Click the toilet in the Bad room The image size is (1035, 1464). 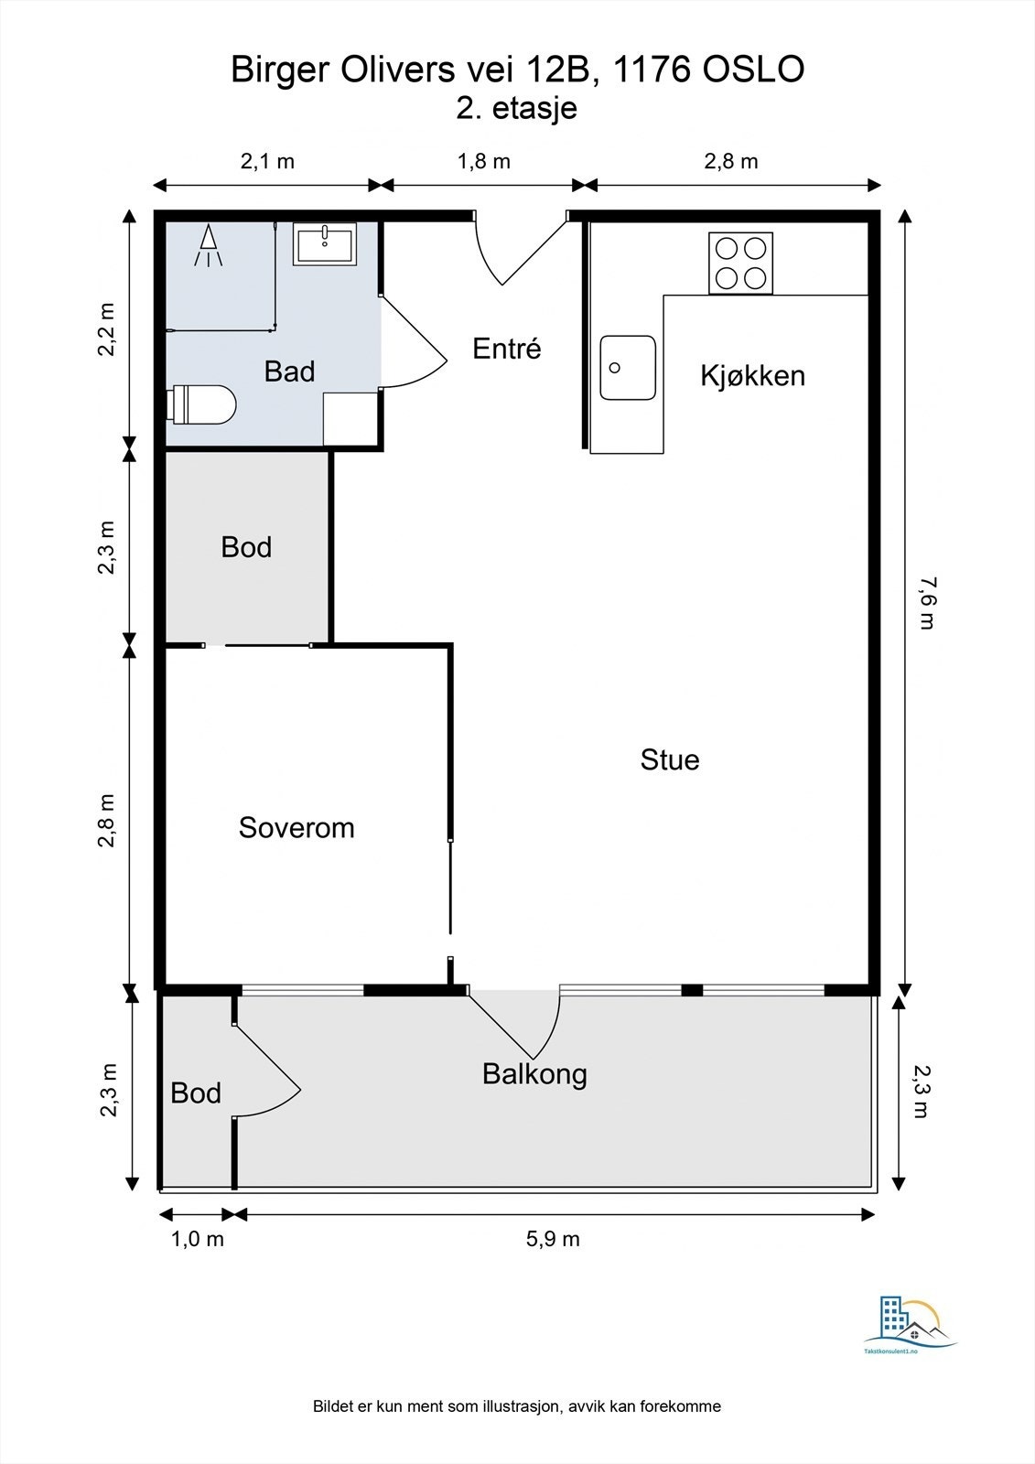(x=202, y=404)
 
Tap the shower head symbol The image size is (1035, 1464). (x=208, y=245)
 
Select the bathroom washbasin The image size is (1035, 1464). (x=324, y=243)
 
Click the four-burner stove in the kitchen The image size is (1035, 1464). (x=740, y=264)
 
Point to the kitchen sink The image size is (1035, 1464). (x=628, y=368)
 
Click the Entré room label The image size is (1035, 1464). (x=507, y=349)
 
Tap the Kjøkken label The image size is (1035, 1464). (x=752, y=376)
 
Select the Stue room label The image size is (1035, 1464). (x=670, y=760)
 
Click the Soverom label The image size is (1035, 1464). (x=296, y=828)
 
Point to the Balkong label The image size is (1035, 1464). (x=534, y=1075)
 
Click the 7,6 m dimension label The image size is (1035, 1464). (x=926, y=603)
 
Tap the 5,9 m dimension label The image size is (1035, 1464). (x=553, y=1239)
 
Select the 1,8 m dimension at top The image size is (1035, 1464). (x=484, y=161)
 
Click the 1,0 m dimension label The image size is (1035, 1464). (x=198, y=1239)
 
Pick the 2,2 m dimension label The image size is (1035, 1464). (x=106, y=329)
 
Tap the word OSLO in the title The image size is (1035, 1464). (x=753, y=70)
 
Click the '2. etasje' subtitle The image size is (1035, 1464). (x=516, y=108)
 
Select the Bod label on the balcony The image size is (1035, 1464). (x=196, y=1093)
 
